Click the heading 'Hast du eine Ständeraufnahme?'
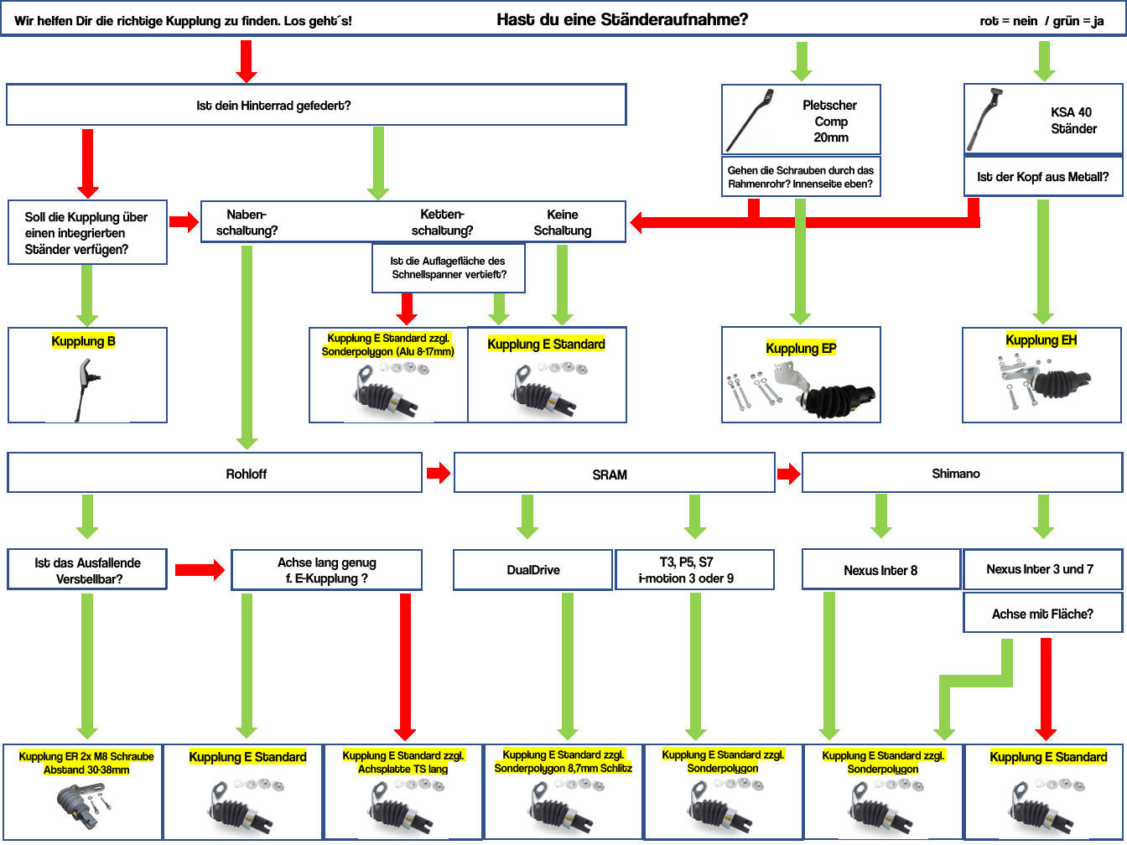click(x=621, y=19)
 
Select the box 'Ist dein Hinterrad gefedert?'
click(x=316, y=106)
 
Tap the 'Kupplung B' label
click(x=84, y=341)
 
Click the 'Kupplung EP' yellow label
click(x=801, y=348)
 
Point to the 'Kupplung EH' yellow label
click(x=1041, y=340)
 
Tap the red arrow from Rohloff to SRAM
click(x=438, y=474)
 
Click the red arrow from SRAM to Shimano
click(x=788, y=474)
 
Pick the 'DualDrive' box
click(x=532, y=570)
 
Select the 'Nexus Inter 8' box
click(x=880, y=570)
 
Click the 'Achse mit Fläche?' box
click(x=1042, y=614)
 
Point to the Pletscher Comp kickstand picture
click(x=750, y=120)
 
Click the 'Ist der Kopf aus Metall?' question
click(x=1043, y=177)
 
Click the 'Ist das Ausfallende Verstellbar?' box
click(x=87, y=570)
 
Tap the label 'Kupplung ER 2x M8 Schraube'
click(x=86, y=763)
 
